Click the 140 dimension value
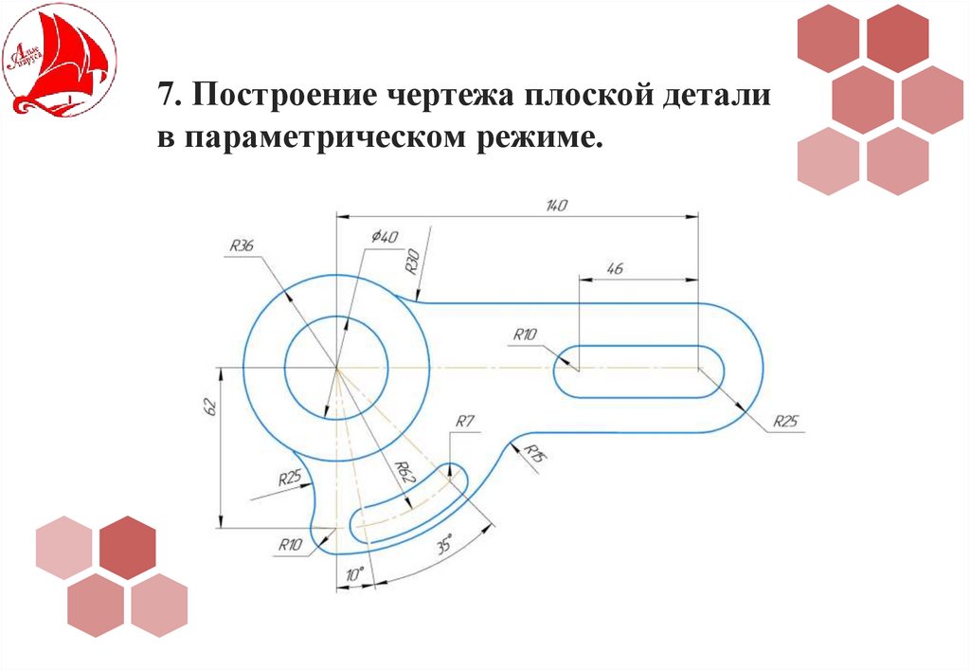[556, 206]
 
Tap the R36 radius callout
[242, 246]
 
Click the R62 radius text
[404, 472]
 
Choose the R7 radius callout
[464, 422]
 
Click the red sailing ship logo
[59, 59]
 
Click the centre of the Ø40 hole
[335, 366]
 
